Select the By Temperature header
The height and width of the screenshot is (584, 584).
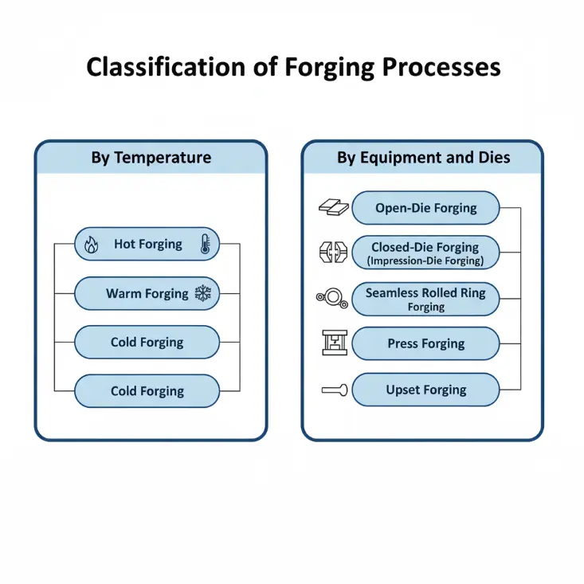tap(151, 157)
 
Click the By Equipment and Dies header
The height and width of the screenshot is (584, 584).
tap(423, 157)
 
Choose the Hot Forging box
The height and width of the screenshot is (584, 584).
tap(147, 244)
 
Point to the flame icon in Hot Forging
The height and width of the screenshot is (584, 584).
tap(92, 245)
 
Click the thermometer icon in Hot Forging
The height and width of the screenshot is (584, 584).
tap(204, 245)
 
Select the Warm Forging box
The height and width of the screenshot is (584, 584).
tap(147, 293)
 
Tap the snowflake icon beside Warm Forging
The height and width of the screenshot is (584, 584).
tap(203, 294)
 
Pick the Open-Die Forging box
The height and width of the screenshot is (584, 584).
tap(425, 208)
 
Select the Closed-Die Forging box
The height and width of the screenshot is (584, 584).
tap(425, 253)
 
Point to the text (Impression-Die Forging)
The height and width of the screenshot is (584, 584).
tap(425, 261)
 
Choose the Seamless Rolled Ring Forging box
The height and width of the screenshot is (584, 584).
tap(425, 299)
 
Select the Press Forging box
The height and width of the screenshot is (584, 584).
tap(425, 343)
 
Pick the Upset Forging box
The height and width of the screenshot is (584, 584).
tap(425, 390)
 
